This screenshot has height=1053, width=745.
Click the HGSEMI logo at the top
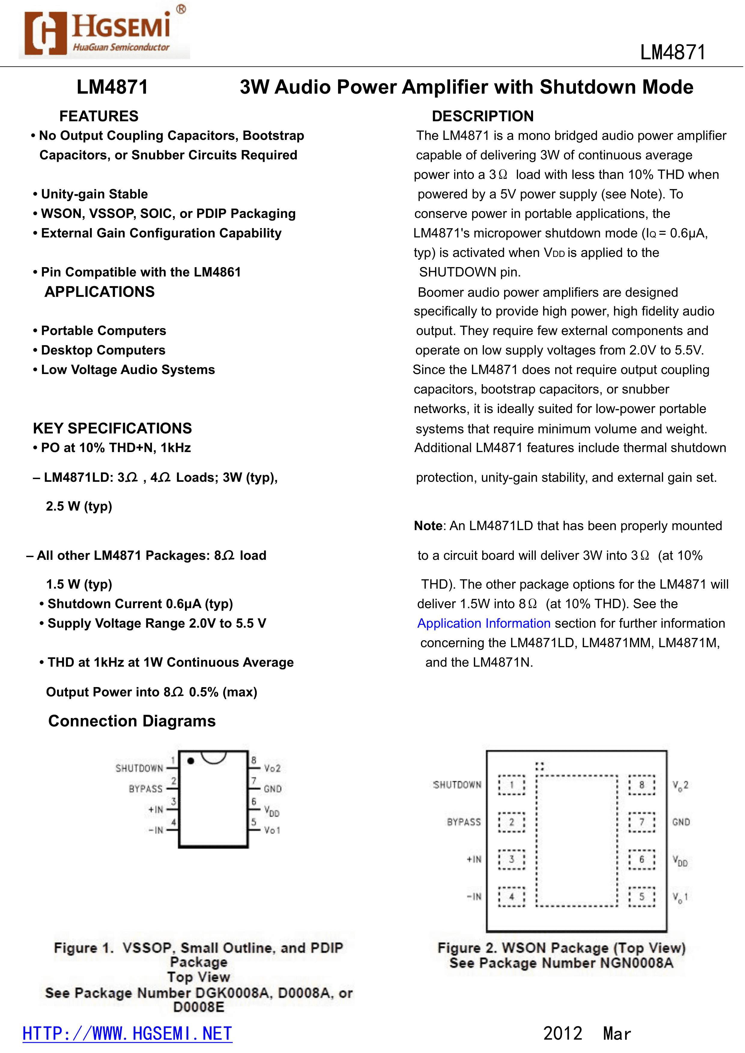tap(104, 32)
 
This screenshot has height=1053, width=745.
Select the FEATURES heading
tap(98, 116)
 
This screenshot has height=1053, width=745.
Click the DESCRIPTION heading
tap(483, 116)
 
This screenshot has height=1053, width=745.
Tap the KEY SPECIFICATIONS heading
tap(112, 428)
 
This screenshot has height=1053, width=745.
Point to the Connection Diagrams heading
tap(132, 721)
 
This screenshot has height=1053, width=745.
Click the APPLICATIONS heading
tap(100, 292)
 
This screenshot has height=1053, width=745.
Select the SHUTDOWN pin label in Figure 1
tap(139, 768)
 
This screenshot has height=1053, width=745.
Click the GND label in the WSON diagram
tap(681, 822)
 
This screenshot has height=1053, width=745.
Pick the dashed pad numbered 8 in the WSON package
tap(641, 785)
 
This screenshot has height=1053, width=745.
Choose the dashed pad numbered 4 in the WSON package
tap(511, 897)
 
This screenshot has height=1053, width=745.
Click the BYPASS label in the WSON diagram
tap(464, 822)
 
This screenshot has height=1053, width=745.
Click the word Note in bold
tap(428, 526)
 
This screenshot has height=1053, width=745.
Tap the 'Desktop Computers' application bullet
tap(103, 350)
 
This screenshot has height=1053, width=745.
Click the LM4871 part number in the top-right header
tap(673, 52)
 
